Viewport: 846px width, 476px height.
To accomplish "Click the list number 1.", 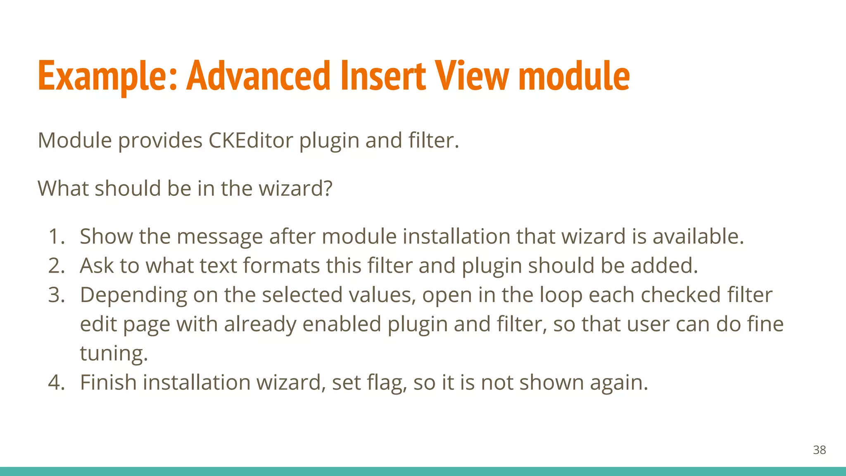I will coord(56,237).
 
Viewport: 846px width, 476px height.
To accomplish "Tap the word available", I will coord(698,237).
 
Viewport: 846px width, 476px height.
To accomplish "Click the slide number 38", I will coord(819,450).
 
